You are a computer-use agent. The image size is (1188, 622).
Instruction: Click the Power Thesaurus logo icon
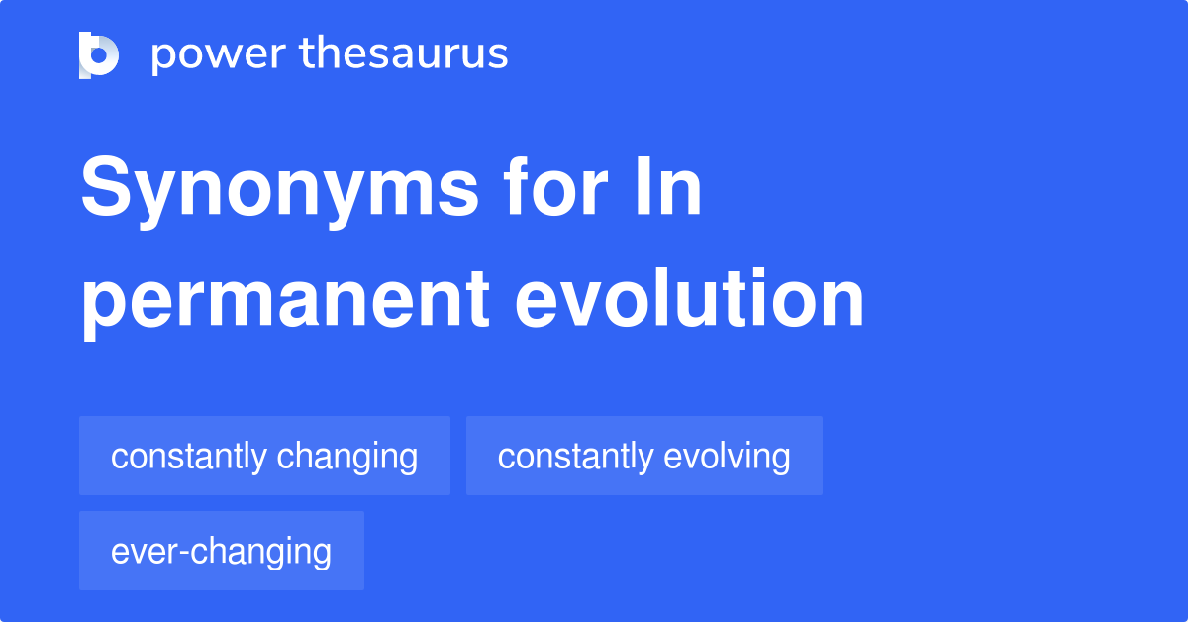[99, 54]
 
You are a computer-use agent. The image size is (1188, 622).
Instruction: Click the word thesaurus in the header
[404, 54]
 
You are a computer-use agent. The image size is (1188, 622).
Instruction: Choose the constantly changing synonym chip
[264, 457]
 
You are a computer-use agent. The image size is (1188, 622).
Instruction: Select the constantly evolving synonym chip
[643, 457]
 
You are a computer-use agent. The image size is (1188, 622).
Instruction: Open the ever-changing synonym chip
[221, 551]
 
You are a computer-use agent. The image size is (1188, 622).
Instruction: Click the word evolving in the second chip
[727, 457]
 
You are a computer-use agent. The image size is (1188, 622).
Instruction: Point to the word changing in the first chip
[347, 457]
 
